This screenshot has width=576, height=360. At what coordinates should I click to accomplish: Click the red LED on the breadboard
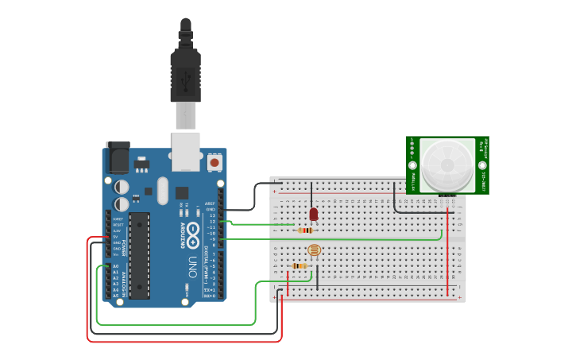coord(313,214)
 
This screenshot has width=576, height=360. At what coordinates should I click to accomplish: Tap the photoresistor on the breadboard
coord(313,251)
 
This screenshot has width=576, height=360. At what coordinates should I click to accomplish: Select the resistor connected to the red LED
coord(305,230)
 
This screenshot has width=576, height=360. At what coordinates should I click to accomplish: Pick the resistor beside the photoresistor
coord(299,266)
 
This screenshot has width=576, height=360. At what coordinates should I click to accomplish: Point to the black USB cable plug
coord(185,75)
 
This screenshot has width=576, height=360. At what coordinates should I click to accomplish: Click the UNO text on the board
coord(191,266)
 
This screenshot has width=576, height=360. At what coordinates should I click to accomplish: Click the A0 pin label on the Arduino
coord(115,266)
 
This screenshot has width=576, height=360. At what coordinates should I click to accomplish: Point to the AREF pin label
coord(210,203)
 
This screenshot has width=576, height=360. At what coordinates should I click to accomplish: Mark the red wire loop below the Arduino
coord(183,341)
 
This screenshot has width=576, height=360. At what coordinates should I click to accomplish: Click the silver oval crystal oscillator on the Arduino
coord(163,191)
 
